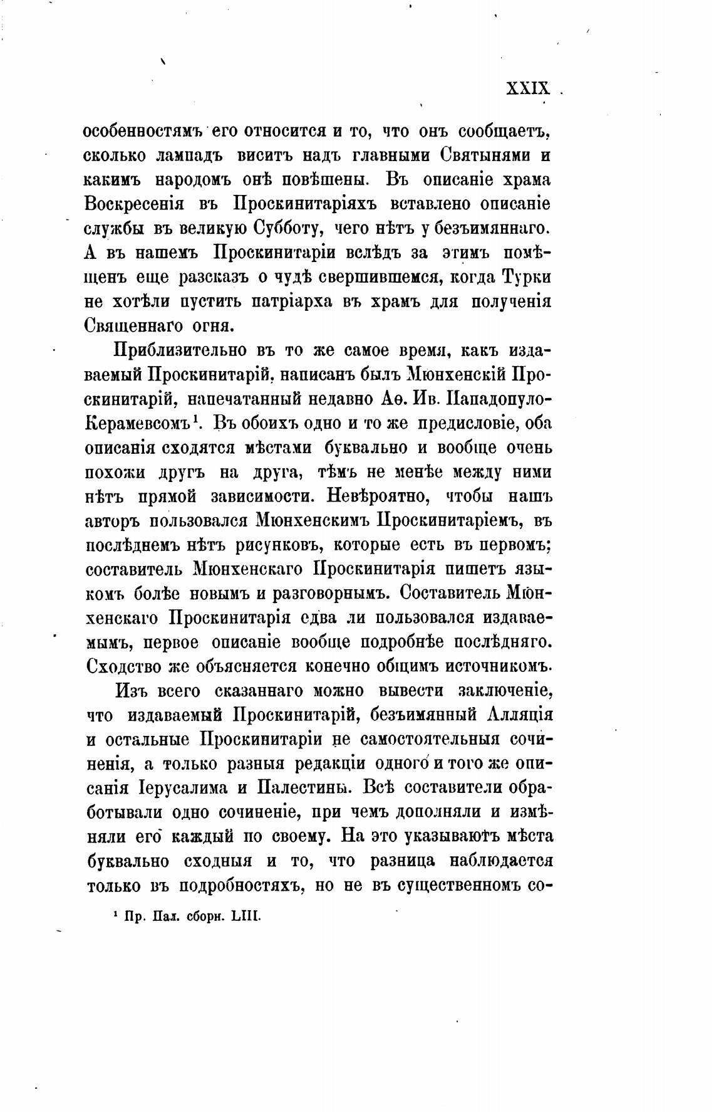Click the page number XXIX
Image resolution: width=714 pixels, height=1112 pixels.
527,88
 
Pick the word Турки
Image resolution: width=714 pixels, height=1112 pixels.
529,277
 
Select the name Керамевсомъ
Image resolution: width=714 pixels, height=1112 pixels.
137,423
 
